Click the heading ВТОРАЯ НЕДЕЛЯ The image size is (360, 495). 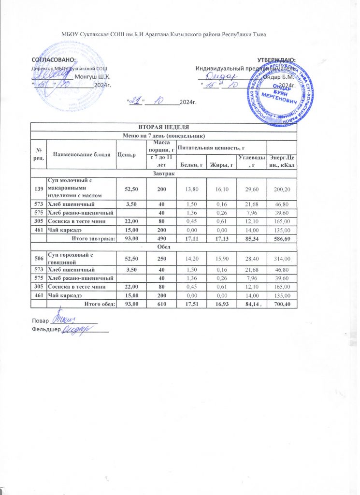coord(163,127)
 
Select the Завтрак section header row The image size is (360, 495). coord(163,173)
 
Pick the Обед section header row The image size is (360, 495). coord(163,247)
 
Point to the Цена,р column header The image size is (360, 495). coord(127,154)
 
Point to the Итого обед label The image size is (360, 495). coord(99,304)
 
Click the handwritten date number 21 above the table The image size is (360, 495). coord(137,101)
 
